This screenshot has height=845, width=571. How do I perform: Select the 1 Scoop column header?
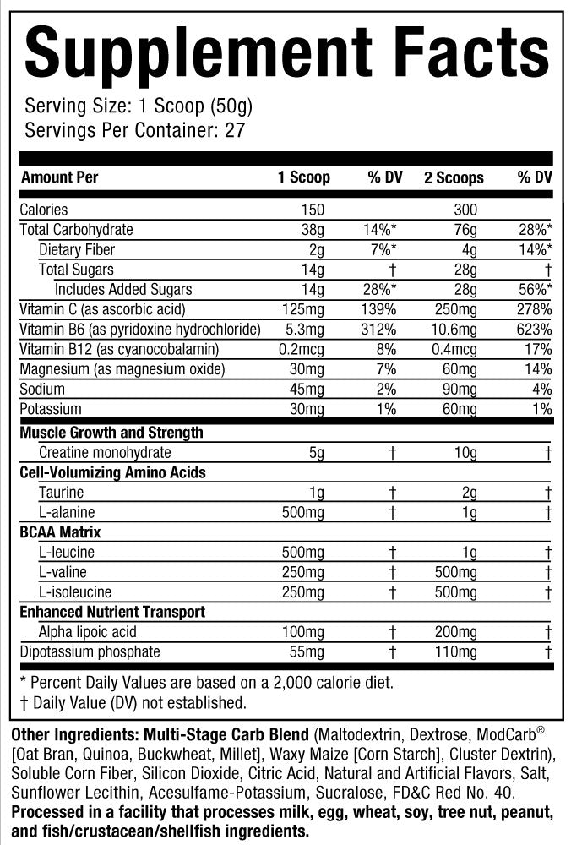tap(304, 177)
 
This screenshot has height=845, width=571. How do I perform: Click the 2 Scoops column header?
tap(454, 177)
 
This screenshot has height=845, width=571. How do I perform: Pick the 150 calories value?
tap(313, 210)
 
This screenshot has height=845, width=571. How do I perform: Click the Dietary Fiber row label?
tap(77, 249)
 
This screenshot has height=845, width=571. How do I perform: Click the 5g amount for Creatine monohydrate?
tap(317, 452)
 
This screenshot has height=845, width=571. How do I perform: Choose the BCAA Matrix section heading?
tap(60, 532)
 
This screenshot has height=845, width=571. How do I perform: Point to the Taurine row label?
tap(62, 492)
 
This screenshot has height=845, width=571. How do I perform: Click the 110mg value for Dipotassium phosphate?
tap(456, 651)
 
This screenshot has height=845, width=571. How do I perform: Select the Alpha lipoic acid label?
tap(88, 631)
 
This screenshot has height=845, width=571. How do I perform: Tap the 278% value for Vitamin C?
tap(535, 309)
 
